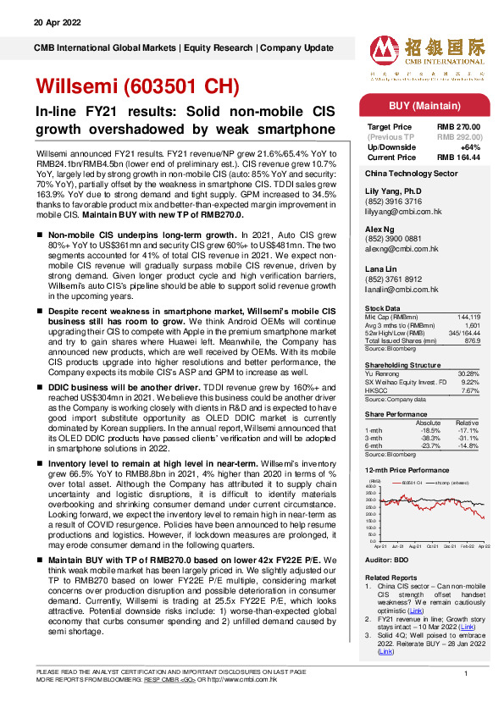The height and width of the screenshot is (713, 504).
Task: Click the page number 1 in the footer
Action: (466, 672)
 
